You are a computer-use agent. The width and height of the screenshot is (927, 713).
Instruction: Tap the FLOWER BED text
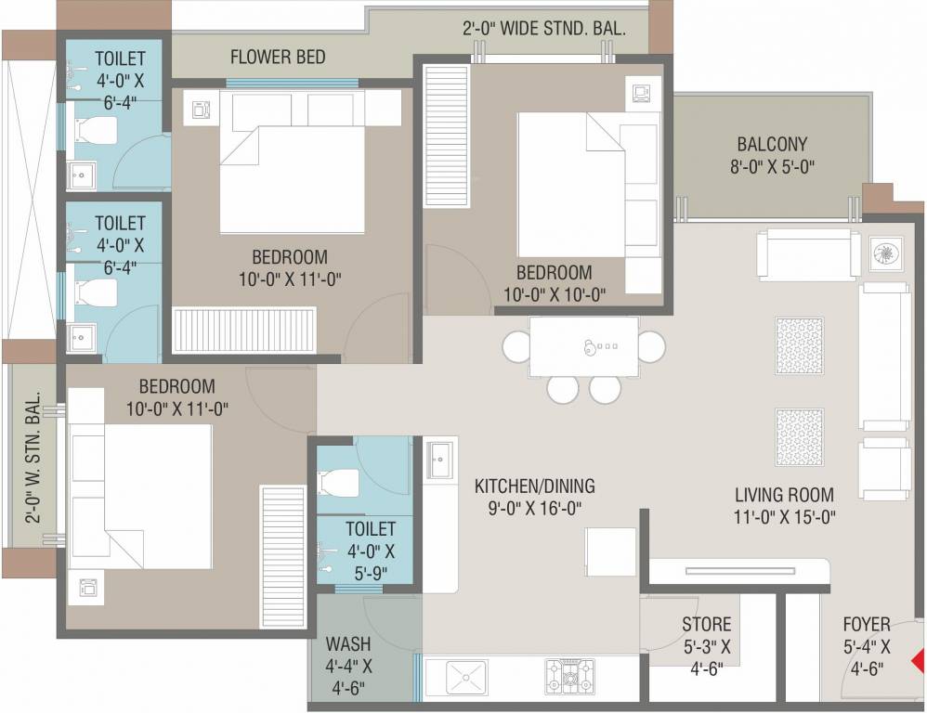coord(278,58)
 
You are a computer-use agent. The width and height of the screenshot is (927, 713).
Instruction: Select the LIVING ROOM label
coord(784,506)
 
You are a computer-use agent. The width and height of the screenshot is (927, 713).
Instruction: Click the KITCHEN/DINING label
coord(534,497)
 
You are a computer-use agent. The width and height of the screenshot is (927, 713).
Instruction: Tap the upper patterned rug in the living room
coord(799,346)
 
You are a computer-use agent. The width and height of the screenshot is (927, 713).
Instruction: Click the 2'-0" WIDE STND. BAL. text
coord(543,29)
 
